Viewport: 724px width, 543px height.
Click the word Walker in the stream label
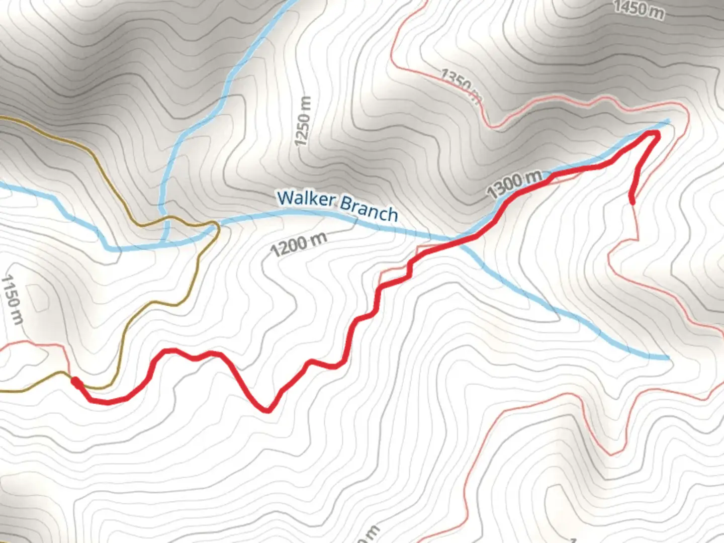306,199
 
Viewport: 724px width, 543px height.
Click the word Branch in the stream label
369,210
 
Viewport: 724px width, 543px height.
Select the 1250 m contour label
303,121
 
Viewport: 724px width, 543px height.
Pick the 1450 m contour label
638,9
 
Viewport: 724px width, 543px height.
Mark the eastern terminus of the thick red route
632,202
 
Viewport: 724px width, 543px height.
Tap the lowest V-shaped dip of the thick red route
268,410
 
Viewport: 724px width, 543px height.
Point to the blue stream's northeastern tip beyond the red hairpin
668,121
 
